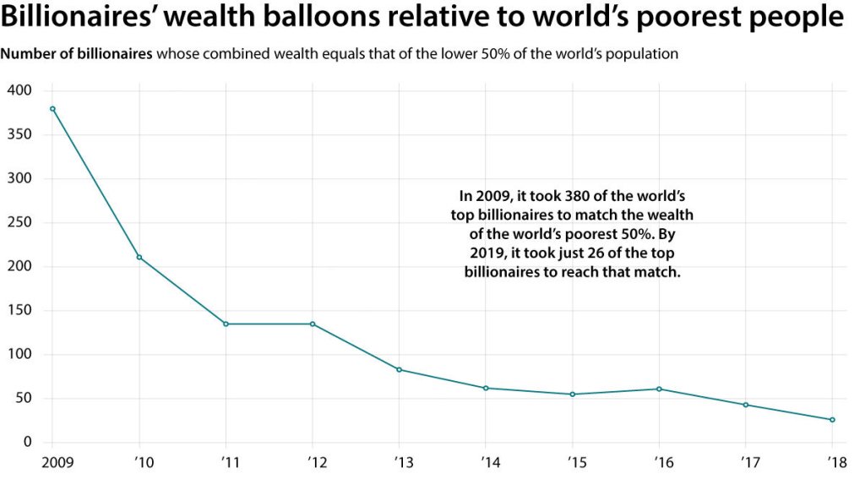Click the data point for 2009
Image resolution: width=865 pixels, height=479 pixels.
click(52, 108)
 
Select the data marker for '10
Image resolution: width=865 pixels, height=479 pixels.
click(139, 257)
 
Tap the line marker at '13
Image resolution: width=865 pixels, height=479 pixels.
click(399, 369)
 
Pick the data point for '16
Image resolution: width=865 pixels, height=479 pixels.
click(659, 389)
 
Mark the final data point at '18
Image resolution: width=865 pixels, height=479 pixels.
click(832, 420)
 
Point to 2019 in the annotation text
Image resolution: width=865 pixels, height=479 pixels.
click(487, 253)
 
